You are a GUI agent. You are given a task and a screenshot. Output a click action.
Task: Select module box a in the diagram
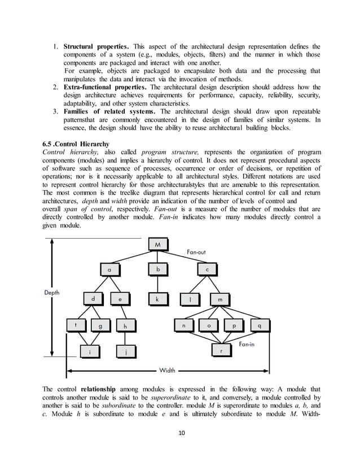pos(110,270)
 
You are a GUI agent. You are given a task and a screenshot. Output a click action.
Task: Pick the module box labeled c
pos(207,270)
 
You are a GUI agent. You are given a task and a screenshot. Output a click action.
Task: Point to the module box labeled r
pos(221,351)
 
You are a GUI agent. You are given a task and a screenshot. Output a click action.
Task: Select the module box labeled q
pos(258,326)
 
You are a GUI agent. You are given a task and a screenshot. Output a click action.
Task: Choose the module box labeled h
pos(125,326)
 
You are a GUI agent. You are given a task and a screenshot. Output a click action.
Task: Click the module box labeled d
pos(94,298)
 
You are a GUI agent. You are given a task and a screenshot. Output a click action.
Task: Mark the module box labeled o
pos(209,326)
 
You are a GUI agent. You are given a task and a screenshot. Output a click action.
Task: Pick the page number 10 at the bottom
pos(179,433)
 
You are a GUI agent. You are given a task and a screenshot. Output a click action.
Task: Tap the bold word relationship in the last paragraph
pos(99,389)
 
